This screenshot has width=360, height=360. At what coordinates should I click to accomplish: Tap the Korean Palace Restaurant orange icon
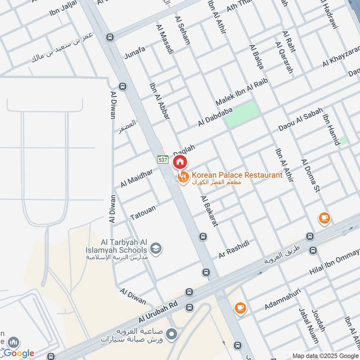coord(183,178)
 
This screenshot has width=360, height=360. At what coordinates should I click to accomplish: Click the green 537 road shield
coord(162,159)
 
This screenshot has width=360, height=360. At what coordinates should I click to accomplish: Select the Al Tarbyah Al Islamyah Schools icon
coord(156,248)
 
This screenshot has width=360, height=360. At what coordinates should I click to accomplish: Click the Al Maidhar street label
coord(136,178)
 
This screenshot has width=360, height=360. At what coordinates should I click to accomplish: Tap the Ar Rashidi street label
coord(234,249)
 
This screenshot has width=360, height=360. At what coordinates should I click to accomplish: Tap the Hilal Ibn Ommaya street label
coord(334,263)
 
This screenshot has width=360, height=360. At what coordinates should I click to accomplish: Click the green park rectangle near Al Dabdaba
coord(242,113)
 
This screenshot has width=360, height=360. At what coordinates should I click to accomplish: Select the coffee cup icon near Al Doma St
coord(324,218)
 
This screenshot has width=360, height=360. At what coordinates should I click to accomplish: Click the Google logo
coord(19,353)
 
